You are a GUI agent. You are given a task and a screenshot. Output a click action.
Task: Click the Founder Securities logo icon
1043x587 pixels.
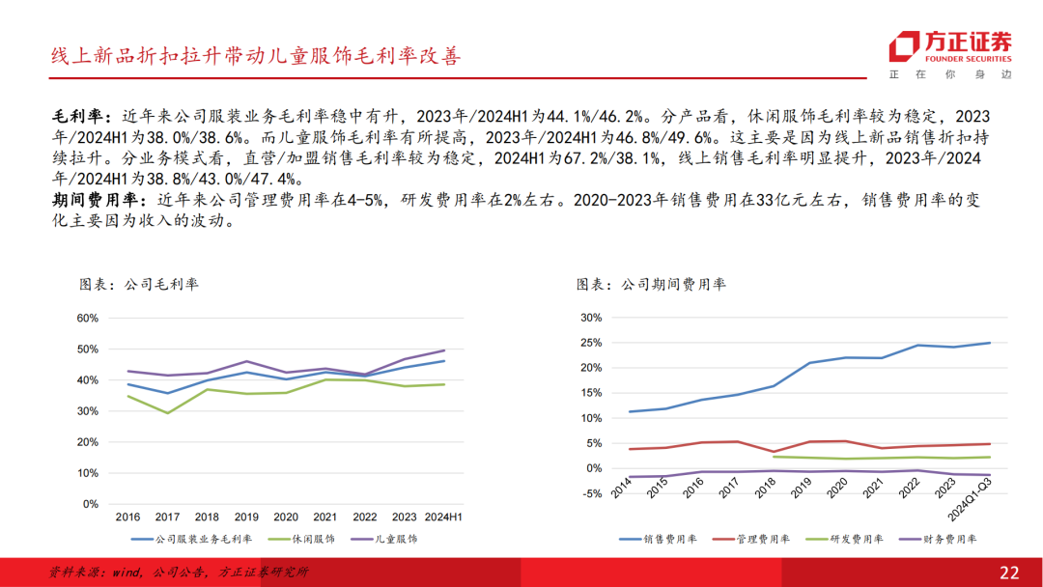click(x=905, y=46)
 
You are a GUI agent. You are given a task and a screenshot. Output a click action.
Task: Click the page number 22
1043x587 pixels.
click(x=1009, y=573)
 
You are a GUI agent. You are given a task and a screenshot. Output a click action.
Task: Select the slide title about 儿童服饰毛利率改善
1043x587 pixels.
click(x=256, y=56)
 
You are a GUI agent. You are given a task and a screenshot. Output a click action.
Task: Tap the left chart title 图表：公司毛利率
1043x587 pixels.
click(x=138, y=285)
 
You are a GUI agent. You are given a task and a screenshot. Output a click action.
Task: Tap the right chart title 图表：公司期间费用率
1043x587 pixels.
click(x=651, y=285)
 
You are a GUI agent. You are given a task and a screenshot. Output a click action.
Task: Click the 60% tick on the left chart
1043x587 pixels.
click(x=87, y=318)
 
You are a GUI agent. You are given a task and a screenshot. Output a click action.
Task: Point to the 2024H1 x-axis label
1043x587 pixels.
click(x=442, y=517)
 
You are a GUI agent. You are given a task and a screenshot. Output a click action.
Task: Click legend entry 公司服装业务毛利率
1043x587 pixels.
click(x=191, y=539)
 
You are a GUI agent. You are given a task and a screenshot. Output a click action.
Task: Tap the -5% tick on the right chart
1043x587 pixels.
click(x=591, y=493)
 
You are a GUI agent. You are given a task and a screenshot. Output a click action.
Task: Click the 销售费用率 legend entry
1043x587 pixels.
click(x=662, y=539)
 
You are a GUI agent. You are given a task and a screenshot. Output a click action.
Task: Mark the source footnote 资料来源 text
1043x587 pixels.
click(x=179, y=573)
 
